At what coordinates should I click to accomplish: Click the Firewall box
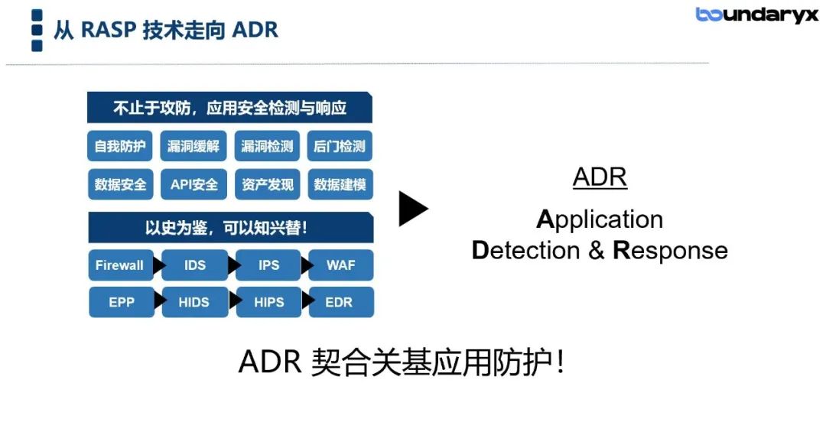tap(121, 265)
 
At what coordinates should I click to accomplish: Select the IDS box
tap(195, 265)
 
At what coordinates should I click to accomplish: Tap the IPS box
tap(268, 265)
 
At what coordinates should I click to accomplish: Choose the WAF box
tap(341, 265)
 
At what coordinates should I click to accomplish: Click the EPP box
tap(122, 302)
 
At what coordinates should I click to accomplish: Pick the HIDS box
tap(195, 302)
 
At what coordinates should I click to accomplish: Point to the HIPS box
tap(268, 302)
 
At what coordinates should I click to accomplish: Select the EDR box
tap(341, 302)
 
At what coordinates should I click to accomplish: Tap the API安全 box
tap(193, 184)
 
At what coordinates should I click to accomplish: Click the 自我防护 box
tap(120, 146)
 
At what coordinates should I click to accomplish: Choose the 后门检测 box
tap(340, 146)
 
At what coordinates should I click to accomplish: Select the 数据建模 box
tap(340, 184)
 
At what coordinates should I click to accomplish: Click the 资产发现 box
tap(268, 184)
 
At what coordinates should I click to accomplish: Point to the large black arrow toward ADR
tap(413, 209)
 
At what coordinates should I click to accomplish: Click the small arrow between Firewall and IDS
tap(158, 265)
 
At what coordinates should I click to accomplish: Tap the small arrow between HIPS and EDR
tap(308, 301)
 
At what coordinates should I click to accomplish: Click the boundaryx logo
tap(757, 15)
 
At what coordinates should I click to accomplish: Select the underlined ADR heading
tap(600, 177)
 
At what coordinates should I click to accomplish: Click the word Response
tap(670, 251)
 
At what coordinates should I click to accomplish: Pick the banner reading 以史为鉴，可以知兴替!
tap(231, 227)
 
